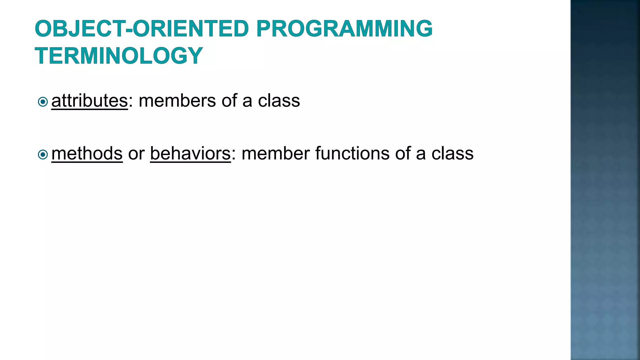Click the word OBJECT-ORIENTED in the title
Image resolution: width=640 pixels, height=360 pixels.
coord(142,28)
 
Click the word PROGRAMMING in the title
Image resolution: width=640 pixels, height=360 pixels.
coord(344,28)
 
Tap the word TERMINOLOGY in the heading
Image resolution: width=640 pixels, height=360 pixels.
coord(119,56)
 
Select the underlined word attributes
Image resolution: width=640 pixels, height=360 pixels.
coord(89,101)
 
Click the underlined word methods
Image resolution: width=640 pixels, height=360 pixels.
coord(87,153)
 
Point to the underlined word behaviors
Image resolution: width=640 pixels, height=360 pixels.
coord(190,153)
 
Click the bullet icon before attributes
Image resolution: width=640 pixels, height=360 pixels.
coord(42,102)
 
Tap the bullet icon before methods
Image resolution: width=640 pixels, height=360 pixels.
coord(42,154)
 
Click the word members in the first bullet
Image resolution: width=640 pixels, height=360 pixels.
coord(177,101)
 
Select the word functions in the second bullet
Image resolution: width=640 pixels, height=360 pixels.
coord(352,153)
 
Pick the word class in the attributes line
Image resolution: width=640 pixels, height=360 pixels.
coord(279,101)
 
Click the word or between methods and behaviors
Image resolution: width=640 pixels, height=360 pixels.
coord(136,154)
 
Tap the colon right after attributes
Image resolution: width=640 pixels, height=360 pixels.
coord(131,102)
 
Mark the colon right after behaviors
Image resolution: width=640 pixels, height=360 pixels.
coord(233,155)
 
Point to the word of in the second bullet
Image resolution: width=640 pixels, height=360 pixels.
coord(402,153)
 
